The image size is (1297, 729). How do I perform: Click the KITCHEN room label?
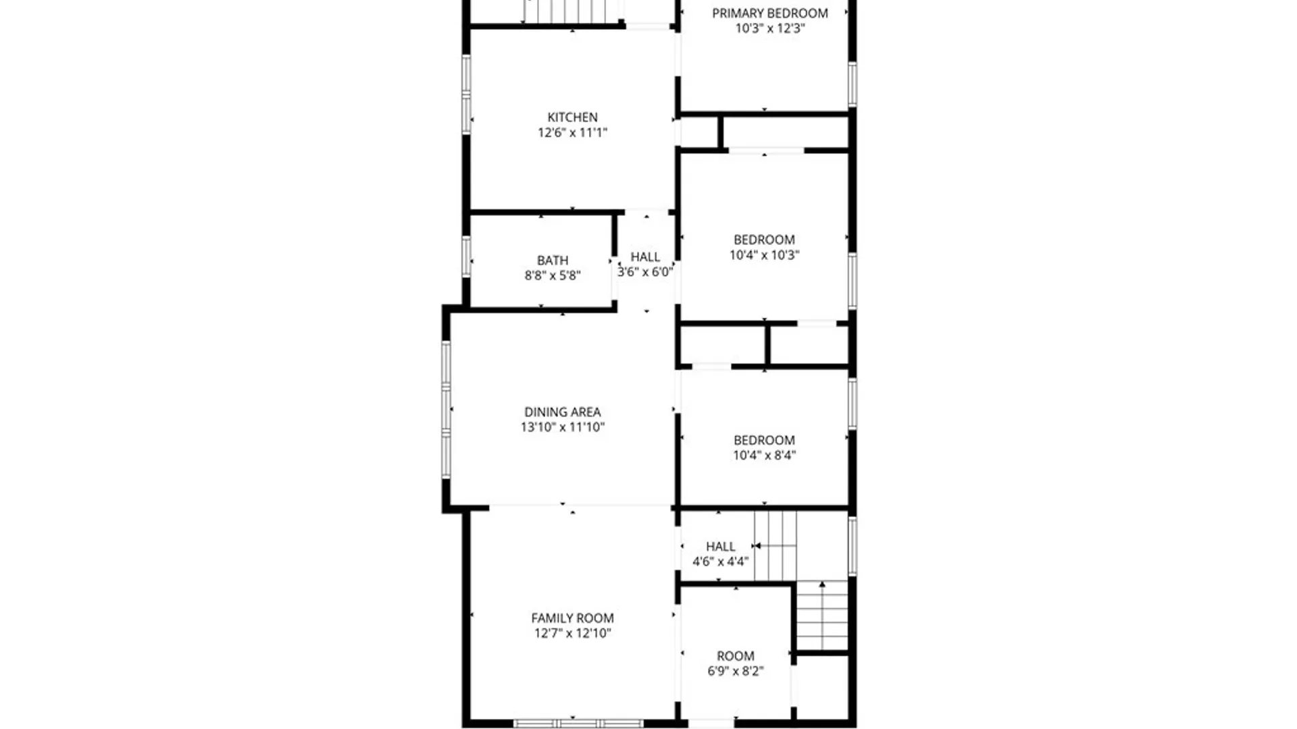tap(572, 117)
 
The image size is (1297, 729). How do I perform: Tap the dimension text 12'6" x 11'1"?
tap(572, 133)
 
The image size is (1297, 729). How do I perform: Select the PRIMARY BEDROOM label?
tap(769, 13)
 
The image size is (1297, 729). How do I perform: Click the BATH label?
tap(552, 261)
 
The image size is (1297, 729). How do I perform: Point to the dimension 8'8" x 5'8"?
tap(552, 275)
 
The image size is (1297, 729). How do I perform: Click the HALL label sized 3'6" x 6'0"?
tap(645, 257)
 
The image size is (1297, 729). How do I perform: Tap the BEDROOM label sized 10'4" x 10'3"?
tap(764, 240)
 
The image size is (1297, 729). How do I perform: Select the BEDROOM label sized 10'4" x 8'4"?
tap(764, 440)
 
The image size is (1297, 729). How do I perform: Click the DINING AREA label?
tap(562, 412)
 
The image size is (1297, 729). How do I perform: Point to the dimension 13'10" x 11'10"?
tap(562, 427)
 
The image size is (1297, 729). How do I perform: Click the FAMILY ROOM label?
tap(572, 618)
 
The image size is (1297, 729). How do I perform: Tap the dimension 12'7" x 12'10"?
tap(572, 633)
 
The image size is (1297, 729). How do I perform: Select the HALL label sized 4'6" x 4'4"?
tap(720, 547)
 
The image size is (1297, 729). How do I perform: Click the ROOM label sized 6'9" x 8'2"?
tap(735, 656)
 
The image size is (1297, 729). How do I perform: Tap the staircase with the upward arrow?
tap(822, 616)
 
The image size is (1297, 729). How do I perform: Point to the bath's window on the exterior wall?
tap(466, 256)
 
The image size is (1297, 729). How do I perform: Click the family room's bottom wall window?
tap(578, 724)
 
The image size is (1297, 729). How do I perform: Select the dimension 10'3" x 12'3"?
tap(769, 29)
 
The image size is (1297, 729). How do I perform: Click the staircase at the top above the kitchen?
tap(573, 11)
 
